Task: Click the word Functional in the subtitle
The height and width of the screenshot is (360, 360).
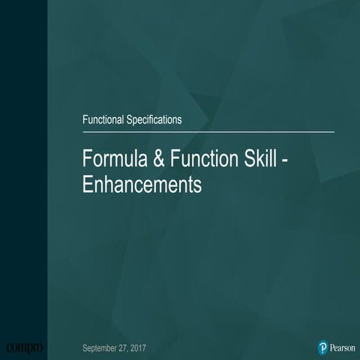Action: point(103,118)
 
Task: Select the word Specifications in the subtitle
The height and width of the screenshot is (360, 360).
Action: point(154,118)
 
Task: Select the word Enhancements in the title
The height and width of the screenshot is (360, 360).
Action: point(142,184)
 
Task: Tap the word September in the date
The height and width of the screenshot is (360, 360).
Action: point(103,348)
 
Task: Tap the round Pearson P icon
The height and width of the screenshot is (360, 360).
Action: point(322,348)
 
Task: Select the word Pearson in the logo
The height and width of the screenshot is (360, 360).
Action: point(342,348)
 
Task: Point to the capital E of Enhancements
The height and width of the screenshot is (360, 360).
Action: point(86,184)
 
